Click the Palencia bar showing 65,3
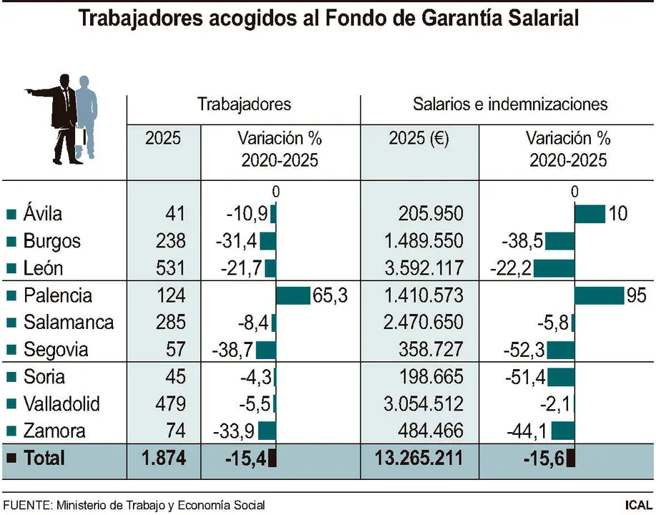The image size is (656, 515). click(292, 295)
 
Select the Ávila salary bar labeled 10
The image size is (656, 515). click(590, 214)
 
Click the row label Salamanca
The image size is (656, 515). click(68, 323)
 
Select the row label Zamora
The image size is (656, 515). click(54, 431)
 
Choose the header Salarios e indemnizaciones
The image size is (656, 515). click(510, 104)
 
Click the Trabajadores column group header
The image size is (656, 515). click(244, 104)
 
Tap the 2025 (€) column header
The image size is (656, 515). click(418, 139)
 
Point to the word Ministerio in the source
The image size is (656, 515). click(79, 505)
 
